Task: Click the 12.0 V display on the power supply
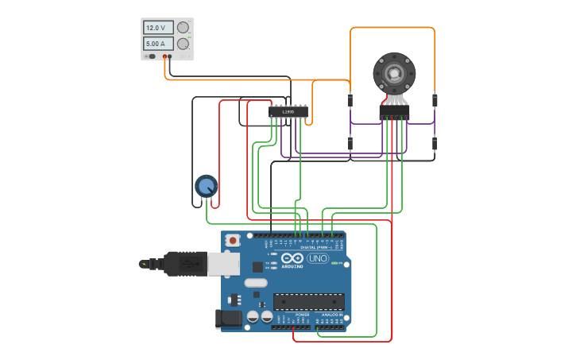tap(157, 28)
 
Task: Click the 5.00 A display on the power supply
tap(157, 44)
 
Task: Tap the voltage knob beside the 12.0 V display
tap(184, 28)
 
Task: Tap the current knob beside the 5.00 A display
tap(184, 44)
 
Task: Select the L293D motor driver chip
tap(288, 112)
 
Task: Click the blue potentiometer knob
tap(206, 186)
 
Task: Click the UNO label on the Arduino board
tap(317, 258)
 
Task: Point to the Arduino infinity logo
tap(292, 258)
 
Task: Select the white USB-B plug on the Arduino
tap(223, 264)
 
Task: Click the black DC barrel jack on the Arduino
tap(230, 319)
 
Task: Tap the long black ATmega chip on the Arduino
tap(309, 302)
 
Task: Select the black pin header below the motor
tap(394, 114)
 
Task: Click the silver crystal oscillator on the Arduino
tap(256, 283)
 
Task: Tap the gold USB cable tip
tap(143, 263)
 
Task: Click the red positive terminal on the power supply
tap(164, 56)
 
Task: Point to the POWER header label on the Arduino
tap(302, 315)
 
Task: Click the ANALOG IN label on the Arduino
tap(331, 315)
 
